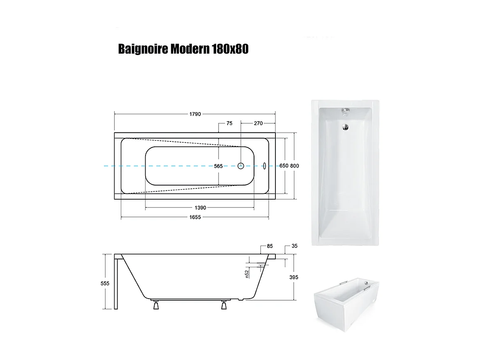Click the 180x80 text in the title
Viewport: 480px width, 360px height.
coord(230,49)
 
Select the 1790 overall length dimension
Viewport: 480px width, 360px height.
coord(195,114)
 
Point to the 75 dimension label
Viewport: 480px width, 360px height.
coord(229,123)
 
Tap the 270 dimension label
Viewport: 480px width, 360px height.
coord(258,123)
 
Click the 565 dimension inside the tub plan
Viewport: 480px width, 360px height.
coord(218,166)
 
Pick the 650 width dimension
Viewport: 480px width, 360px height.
coord(284,166)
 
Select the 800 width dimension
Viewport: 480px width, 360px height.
coord(294,166)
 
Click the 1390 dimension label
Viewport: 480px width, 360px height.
coord(200,208)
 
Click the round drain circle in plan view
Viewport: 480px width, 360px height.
coord(241,166)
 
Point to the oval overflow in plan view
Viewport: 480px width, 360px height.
coord(265,166)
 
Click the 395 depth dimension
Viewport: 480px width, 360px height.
coord(294,278)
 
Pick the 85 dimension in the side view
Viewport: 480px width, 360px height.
coord(270,247)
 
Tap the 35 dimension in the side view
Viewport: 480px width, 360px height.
coord(294,246)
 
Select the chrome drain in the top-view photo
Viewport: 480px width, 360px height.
coord(345,127)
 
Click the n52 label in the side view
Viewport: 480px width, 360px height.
coord(247,273)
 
